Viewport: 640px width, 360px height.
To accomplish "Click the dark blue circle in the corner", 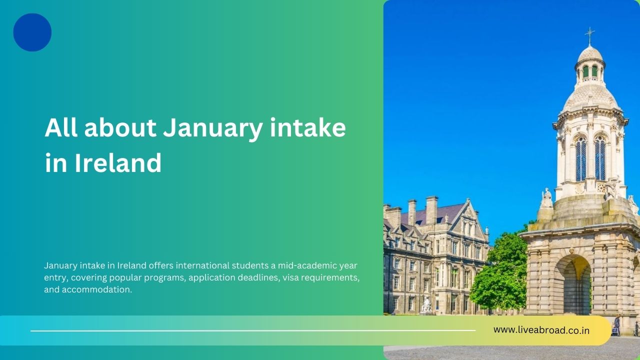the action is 32,32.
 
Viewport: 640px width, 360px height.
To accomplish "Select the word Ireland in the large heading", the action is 118,163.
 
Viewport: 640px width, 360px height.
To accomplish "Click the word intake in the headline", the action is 308,127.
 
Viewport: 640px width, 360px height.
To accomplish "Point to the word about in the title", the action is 120,127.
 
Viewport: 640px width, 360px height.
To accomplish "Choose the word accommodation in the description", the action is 97,289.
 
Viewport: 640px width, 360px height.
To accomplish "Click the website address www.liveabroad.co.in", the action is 541,330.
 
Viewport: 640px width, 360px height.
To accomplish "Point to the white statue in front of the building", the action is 426,304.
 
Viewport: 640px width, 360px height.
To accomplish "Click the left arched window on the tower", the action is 581,159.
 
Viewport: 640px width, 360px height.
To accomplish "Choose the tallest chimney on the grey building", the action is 431,210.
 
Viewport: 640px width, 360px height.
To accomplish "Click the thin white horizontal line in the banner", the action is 253,330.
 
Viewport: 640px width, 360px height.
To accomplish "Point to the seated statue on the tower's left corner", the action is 546,198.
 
